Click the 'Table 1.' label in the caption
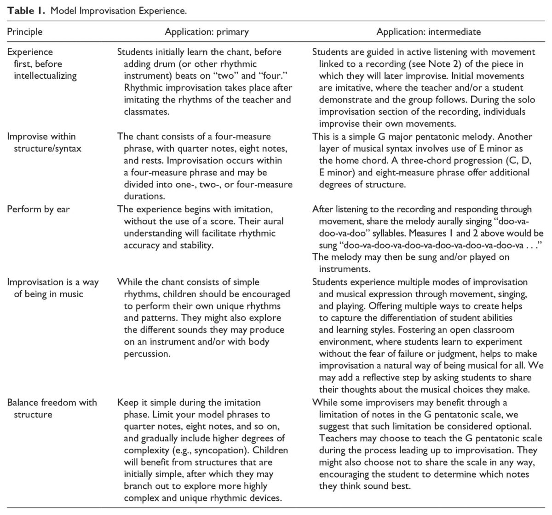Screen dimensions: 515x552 26,11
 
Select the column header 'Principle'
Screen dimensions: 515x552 25,32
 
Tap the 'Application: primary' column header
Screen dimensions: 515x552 207,32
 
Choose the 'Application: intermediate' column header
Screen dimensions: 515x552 428,32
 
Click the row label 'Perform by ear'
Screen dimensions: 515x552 38,209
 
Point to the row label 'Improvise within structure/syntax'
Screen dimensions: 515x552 44,142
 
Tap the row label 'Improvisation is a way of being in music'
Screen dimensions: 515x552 52,288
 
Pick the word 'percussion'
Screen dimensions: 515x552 147,354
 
